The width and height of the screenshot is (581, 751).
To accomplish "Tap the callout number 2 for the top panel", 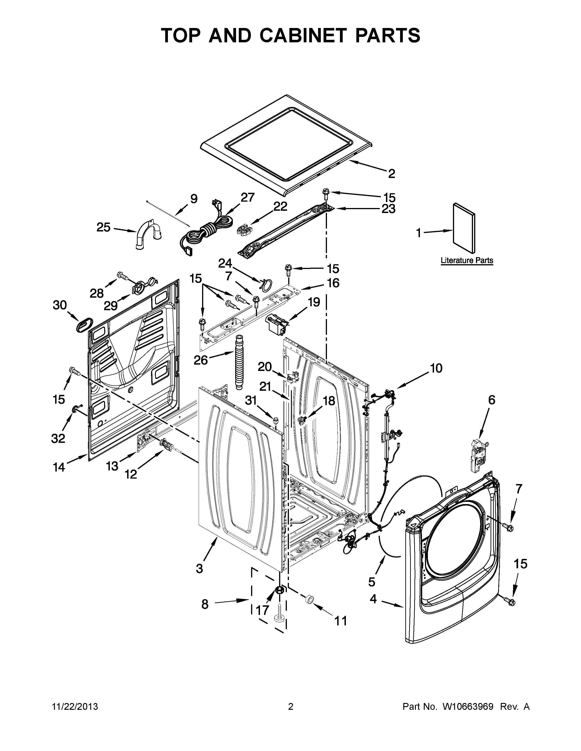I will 391,174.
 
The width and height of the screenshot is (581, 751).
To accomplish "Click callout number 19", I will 314,302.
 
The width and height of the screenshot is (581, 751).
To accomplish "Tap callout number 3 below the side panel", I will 200,569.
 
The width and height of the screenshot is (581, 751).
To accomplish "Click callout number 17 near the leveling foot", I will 262,610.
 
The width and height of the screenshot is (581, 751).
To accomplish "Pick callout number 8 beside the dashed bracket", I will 205,604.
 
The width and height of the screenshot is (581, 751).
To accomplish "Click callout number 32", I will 58,439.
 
